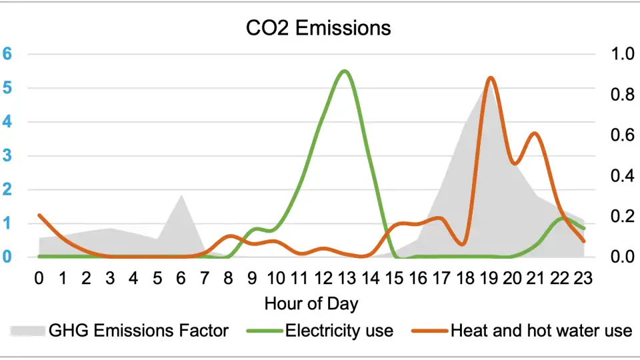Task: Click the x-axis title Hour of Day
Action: (311, 304)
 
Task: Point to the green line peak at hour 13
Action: (344, 71)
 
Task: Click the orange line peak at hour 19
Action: (490, 78)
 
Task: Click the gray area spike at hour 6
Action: (181, 195)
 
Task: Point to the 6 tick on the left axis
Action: (7, 54)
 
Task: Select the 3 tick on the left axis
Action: (7, 156)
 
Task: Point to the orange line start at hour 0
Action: (39, 215)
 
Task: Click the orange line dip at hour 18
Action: (463, 245)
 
